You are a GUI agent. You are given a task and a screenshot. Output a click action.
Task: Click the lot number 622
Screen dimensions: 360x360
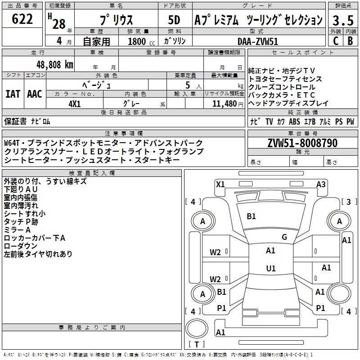point(22,19)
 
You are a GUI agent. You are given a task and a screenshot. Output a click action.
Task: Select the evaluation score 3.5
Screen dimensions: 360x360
point(342,20)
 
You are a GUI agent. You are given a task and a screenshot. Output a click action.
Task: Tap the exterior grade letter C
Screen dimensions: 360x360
point(335,40)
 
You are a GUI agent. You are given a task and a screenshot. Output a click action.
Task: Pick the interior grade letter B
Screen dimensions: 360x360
point(350,40)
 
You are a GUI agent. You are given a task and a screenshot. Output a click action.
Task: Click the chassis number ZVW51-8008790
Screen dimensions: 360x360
point(302,143)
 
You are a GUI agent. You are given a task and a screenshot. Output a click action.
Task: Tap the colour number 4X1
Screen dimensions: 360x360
point(74,103)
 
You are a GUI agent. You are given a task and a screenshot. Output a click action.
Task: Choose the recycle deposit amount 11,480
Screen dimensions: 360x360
point(223,103)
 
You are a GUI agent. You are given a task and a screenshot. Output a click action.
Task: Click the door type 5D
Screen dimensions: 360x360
point(174,20)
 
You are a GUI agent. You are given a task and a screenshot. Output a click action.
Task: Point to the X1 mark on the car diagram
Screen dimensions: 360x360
point(220,184)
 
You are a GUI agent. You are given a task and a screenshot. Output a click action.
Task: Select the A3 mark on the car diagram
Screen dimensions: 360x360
point(321,184)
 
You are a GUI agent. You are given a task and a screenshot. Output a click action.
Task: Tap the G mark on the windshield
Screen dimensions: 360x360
point(284,237)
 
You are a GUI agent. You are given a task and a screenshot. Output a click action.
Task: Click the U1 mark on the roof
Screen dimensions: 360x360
point(270,268)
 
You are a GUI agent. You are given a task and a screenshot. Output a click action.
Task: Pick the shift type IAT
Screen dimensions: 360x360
point(13,94)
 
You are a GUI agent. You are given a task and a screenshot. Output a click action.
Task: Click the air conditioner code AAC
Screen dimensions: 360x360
point(34,94)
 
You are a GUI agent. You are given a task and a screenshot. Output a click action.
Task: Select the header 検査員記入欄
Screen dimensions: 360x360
point(92,173)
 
